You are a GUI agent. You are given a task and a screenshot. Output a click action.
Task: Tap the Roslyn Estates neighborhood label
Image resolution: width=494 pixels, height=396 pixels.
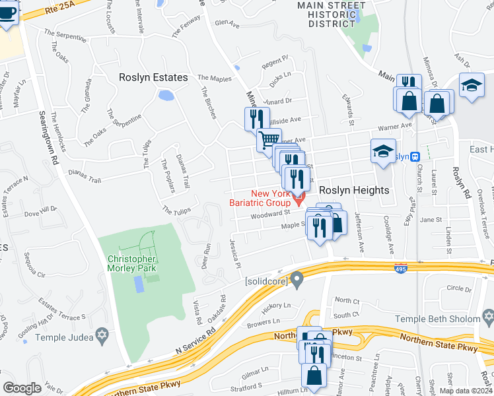153,77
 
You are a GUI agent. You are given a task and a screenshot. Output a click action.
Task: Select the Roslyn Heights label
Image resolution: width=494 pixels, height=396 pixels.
354,189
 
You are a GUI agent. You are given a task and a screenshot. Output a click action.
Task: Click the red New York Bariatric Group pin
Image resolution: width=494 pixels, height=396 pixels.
299,196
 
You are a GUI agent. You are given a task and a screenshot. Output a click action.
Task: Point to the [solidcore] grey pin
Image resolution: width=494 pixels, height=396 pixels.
297,280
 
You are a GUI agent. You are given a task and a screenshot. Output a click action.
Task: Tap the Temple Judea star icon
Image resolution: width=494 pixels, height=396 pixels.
101,335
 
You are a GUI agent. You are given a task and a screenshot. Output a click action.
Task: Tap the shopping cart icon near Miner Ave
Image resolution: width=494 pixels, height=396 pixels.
268,140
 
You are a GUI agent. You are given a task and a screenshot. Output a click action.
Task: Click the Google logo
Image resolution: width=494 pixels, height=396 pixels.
22,388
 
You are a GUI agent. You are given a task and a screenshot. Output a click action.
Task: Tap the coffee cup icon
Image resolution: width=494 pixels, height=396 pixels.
7,14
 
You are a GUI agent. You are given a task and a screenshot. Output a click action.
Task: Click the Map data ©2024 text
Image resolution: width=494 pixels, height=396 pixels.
465,391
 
